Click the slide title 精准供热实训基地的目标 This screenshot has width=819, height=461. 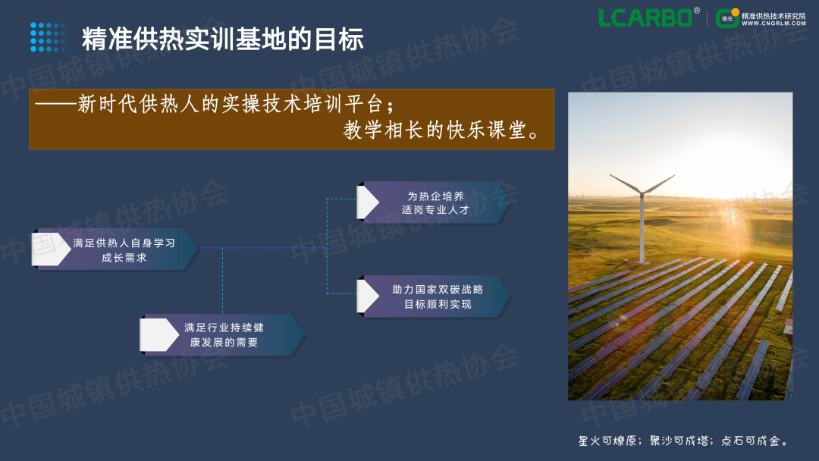222,39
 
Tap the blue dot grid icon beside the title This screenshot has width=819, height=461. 48,37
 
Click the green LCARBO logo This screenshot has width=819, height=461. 645,17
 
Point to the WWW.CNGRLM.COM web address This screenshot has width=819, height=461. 773,24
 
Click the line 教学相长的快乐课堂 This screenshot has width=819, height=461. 441,130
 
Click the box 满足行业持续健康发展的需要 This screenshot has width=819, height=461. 222,335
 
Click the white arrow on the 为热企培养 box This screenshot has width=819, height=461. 368,202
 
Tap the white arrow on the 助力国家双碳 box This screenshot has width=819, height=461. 368,296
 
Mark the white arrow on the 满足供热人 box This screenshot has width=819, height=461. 51,249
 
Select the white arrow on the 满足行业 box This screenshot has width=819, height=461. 158,335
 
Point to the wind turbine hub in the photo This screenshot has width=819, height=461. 642,194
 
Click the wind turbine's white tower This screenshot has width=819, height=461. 642,230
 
